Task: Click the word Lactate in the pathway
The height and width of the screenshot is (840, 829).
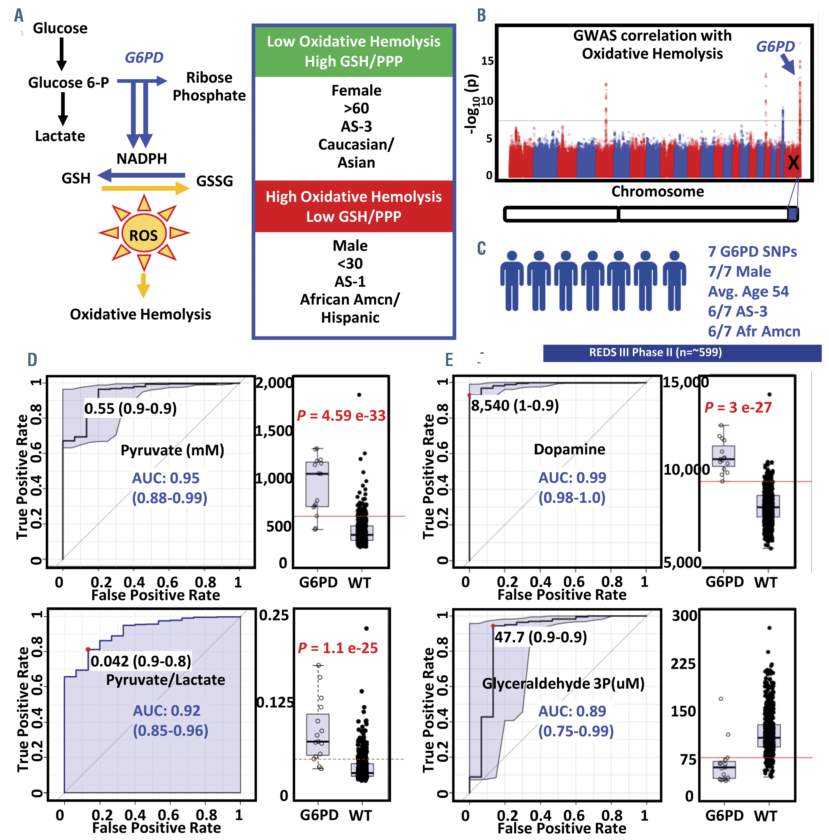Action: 60,136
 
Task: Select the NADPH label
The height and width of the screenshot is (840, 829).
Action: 141,159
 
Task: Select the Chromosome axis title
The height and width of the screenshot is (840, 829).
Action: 657,191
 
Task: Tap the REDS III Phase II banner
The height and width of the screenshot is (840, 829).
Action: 681,353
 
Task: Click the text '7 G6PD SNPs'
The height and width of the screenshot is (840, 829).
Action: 752,252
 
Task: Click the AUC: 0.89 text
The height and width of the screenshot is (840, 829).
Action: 572,711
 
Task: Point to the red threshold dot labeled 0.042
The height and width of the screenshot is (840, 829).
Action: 88,649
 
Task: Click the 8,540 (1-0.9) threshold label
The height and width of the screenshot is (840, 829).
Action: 515,406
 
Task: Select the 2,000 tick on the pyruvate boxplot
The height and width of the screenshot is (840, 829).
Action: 273,383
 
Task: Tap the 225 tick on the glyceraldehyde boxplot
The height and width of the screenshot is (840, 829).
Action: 683,664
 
